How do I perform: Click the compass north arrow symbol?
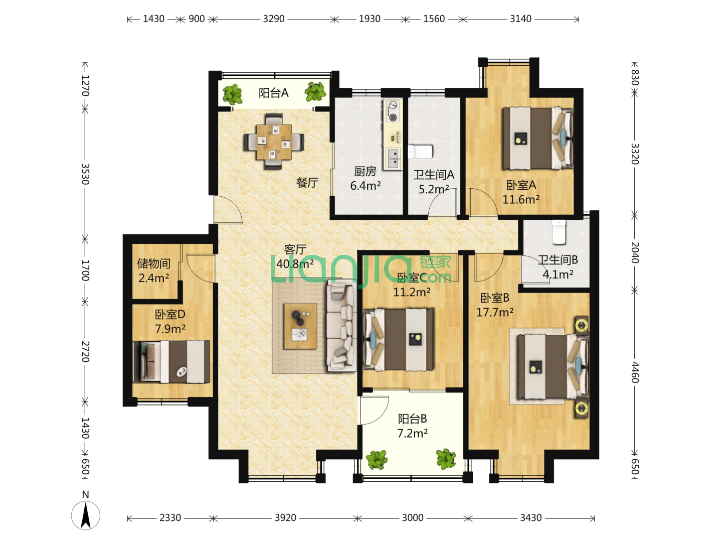(x=86, y=515)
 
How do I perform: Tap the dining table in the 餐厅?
(x=274, y=142)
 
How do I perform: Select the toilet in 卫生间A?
(x=420, y=152)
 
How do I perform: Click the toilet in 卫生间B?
(x=559, y=232)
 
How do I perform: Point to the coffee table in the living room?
(x=300, y=326)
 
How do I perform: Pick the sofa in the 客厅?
(x=341, y=325)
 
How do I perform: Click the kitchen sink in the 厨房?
(x=394, y=158)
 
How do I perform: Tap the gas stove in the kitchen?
(x=393, y=111)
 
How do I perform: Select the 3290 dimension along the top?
(x=273, y=19)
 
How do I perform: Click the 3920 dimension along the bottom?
(x=285, y=517)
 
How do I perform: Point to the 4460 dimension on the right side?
(x=634, y=372)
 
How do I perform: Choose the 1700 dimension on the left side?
(x=85, y=270)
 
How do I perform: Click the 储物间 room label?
(x=153, y=263)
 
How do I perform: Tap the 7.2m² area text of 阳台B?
(x=412, y=434)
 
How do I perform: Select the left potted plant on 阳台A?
(x=233, y=94)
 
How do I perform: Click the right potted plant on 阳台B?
(x=446, y=459)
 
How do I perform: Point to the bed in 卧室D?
(x=171, y=362)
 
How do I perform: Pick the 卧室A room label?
(x=521, y=185)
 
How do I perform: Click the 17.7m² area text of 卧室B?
(x=495, y=312)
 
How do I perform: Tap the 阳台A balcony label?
(x=273, y=93)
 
